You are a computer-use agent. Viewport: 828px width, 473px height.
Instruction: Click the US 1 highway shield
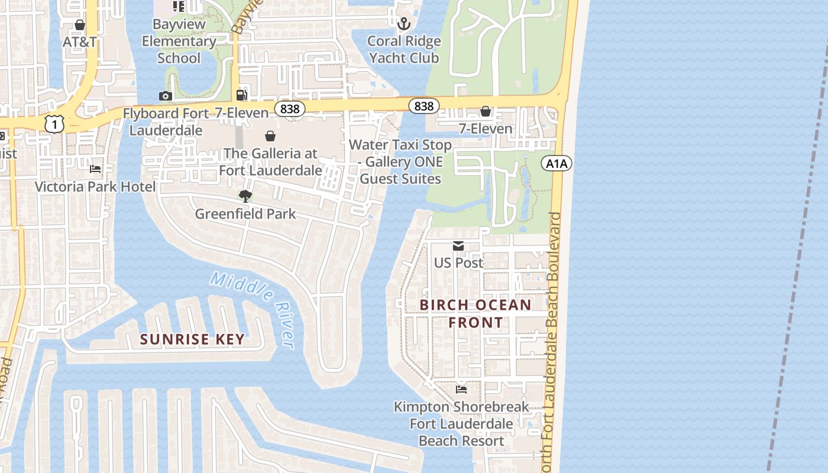pyautogui.click(x=54, y=124)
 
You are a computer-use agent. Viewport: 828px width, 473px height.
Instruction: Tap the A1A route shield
pyautogui.click(x=557, y=163)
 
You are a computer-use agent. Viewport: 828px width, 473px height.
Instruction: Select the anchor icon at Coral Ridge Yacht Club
pyautogui.click(x=403, y=24)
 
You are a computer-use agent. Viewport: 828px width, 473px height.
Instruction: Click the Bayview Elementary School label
pyautogui.click(x=179, y=41)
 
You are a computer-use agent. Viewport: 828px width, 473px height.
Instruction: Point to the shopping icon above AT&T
pyautogui.click(x=80, y=25)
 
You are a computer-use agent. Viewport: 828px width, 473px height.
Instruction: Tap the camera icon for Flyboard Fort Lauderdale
pyautogui.click(x=165, y=96)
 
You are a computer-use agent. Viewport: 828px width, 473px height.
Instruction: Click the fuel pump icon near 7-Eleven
pyautogui.click(x=241, y=95)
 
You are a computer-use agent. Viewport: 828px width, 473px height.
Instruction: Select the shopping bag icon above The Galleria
pyautogui.click(x=270, y=136)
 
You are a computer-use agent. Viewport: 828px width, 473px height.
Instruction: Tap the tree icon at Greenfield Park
pyautogui.click(x=245, y=196)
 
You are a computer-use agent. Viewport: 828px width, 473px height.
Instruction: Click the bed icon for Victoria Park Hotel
pyautogui.click(x=95, y=169)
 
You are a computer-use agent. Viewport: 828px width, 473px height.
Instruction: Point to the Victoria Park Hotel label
pyautogui.click(x=95, y=187)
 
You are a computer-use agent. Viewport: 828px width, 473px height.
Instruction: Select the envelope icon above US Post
pyautogui.click(x=458, y=246)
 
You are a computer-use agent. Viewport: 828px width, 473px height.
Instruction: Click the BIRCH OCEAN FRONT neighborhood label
pyautogui.click(x=476, y=313)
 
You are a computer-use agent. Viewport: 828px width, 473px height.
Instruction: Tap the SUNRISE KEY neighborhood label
pyautogui.click(x=192, y=339)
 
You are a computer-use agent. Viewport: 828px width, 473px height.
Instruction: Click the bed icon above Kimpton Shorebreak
pyautogui.click(x=461, y=390)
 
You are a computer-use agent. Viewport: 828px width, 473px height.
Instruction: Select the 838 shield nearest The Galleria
pyautogui.click(x=290, y=109)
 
